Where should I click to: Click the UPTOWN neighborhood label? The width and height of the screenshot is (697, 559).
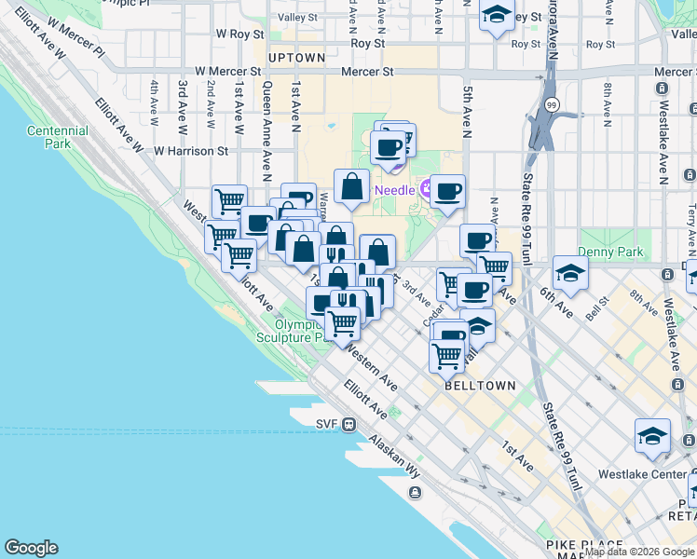click(296, 58)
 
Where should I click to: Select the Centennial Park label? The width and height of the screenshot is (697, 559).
click(58, 138)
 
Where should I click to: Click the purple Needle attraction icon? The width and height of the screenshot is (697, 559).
click(430, 191)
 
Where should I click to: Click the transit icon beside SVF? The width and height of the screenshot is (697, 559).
click(348, 425)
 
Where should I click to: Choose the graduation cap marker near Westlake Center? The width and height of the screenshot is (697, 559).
click(652, 436)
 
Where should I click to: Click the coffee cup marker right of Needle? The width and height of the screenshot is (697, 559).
click(448, 192)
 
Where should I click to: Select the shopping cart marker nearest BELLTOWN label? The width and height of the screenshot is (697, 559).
click(447, 354)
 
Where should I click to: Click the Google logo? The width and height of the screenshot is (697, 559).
click(31, 548)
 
